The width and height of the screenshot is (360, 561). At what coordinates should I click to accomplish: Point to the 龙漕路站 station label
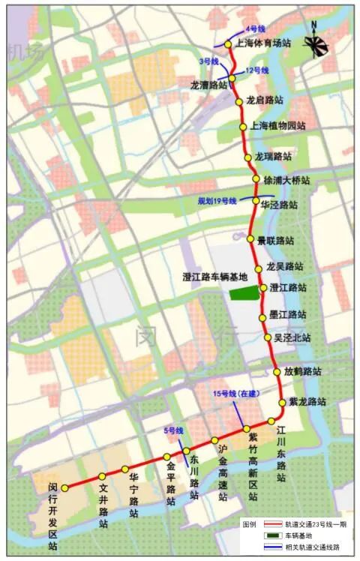208,85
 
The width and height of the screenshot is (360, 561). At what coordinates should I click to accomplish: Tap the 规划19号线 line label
217,201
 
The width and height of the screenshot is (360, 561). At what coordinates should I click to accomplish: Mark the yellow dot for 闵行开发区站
65,487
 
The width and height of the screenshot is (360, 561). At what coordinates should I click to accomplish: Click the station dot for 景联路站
251,239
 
